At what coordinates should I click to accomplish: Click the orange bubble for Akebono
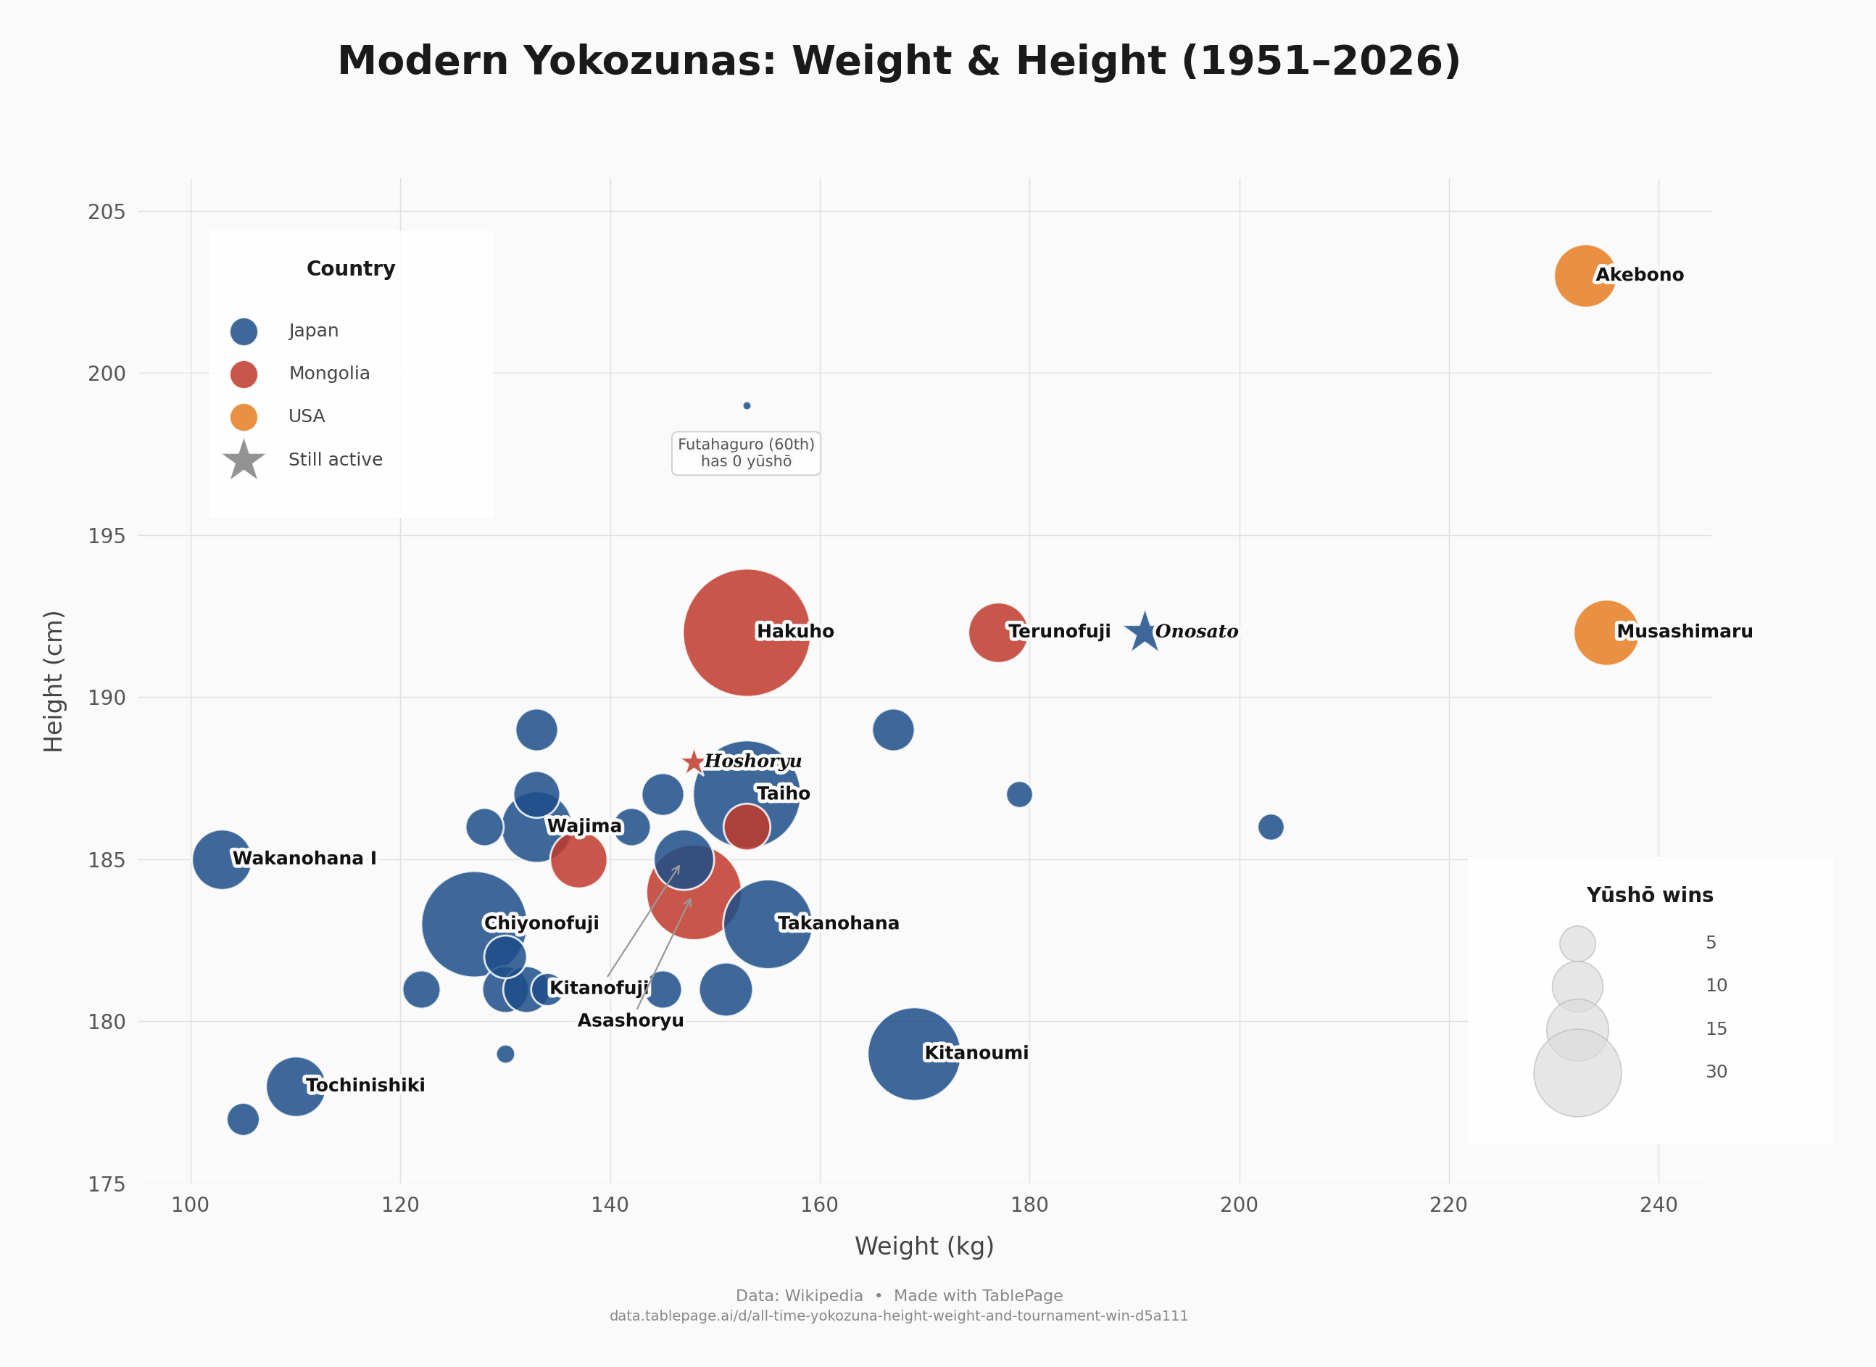click(1584, 276)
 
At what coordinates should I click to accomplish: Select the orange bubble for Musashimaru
click(1605, 632)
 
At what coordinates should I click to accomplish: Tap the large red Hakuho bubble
click(746, 632)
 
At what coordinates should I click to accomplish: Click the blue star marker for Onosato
click(1143, 632)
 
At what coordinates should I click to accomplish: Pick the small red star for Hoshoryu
click(693, 762)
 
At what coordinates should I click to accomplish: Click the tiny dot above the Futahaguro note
click(746, 405)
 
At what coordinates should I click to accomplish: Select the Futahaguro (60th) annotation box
click(746, 453)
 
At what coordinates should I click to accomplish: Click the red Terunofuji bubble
click(997, 632)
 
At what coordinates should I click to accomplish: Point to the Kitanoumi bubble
click(913, 1054)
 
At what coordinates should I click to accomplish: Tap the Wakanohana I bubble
click(221, 859)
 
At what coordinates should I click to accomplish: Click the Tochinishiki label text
click(365, 1085)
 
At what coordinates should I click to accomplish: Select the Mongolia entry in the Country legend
click(328, 373)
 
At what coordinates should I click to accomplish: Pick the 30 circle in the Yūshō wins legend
click(1577, 1073)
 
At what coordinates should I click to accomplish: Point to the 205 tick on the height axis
click(107, 212)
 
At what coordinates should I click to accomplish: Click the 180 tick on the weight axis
click(1029, 1205)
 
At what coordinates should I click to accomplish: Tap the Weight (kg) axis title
click(924, 1246)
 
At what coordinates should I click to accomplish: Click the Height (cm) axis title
click(54, 681)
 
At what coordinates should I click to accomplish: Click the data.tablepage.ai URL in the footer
click(898, 1316)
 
